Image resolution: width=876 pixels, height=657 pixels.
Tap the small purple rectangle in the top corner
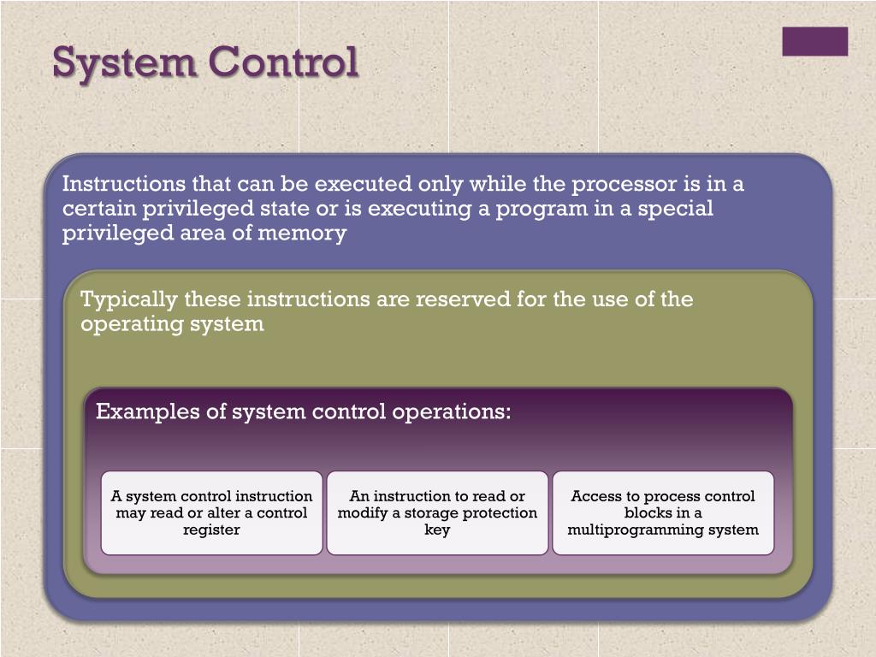[x=814, y=41]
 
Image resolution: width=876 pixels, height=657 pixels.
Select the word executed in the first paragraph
[x=362, y=185]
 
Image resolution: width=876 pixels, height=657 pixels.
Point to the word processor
[x=623, y=185]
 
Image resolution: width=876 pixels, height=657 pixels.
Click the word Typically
[x=129, y=300]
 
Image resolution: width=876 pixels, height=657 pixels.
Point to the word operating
[x=125, y=325]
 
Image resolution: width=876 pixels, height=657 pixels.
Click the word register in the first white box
[x=211, y=530]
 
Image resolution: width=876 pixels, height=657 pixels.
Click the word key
[x=437, y=530]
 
